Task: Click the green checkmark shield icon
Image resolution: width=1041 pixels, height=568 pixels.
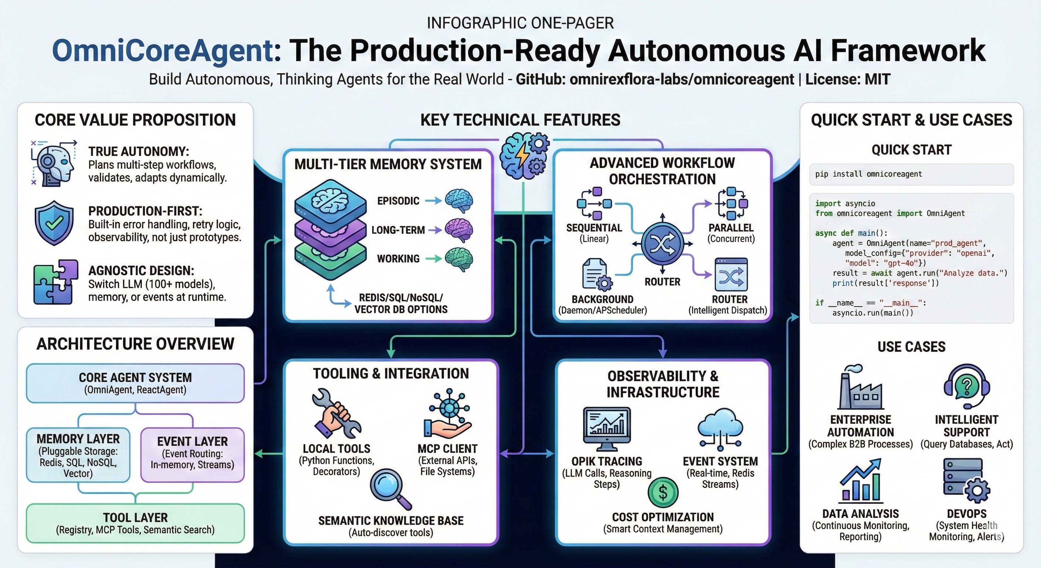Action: [x=54, y=223]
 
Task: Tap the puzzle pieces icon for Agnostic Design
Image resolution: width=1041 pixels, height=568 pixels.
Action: [x=55, y=282]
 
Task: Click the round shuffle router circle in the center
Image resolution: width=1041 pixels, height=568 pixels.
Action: [x=662, y=244]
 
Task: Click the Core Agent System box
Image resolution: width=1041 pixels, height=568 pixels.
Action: [x=135, y=383]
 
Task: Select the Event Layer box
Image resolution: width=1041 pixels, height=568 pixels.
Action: [x=192, y=455]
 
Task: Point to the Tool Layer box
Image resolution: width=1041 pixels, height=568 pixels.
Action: [x=135, y=523]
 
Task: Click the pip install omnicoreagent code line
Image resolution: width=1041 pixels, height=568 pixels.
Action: [x=869, y=174]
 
